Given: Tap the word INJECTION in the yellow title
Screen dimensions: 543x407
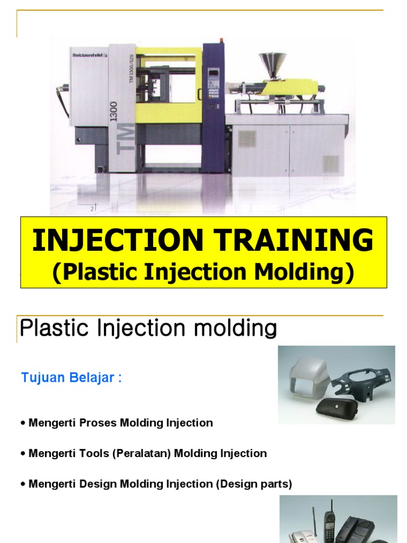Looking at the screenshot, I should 118,241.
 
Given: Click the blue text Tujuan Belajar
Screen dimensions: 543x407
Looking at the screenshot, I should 71,378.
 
